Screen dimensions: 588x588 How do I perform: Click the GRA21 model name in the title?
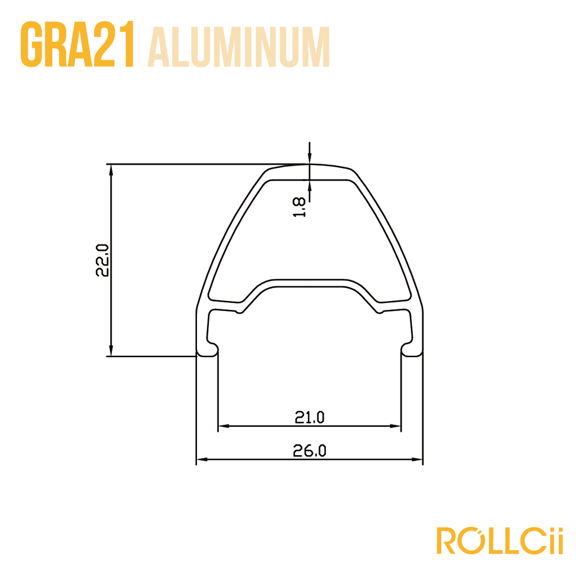[77, 45]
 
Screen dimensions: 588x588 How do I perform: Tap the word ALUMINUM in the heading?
[239, 47]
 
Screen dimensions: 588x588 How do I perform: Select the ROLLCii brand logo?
[499, 540]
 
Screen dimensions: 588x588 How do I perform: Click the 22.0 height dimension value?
[102, 260]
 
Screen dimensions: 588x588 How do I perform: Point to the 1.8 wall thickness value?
[299, 208]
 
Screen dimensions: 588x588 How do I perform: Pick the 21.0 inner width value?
[309, 417]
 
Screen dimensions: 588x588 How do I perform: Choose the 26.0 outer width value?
[309, 450]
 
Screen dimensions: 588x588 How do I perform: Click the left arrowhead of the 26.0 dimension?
[202, 459]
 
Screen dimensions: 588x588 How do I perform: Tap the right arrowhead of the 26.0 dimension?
[417, 459]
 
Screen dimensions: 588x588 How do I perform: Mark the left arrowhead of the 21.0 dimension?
[224, 426]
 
